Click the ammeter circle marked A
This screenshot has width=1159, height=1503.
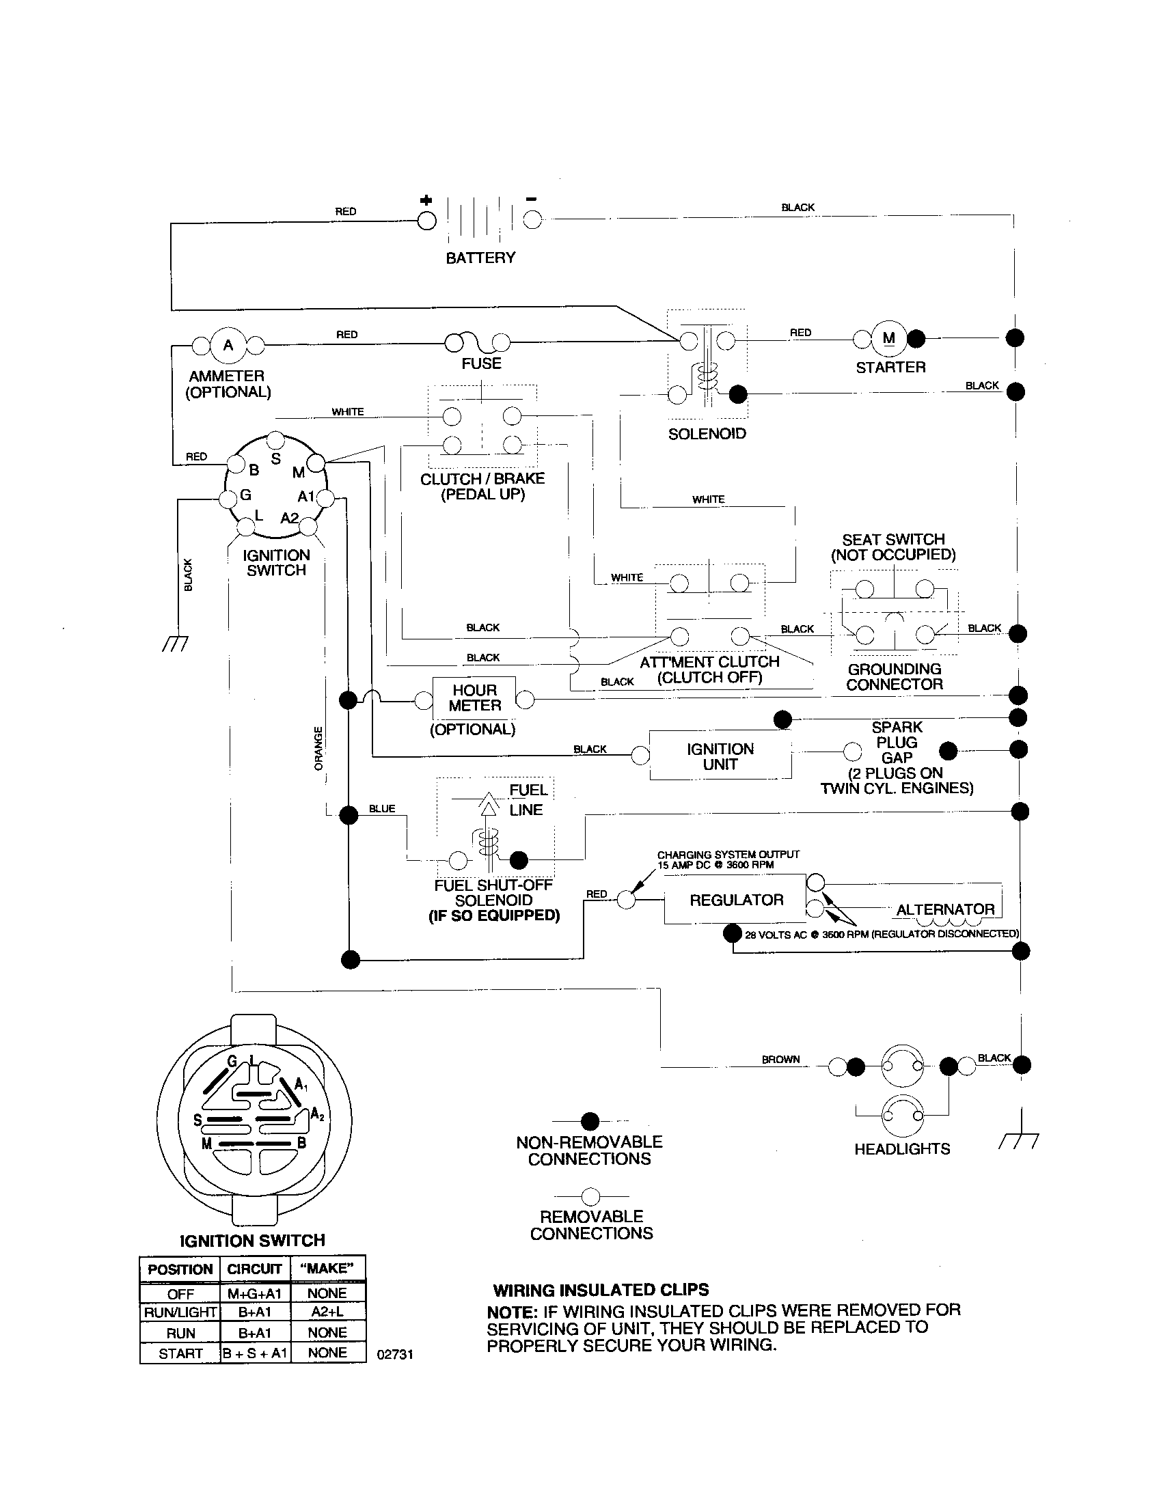228,345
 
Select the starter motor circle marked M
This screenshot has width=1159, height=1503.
889,339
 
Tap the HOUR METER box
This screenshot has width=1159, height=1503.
474,698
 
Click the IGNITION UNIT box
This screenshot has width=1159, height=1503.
720,756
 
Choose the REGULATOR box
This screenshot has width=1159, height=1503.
735,900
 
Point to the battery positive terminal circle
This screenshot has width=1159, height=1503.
426,220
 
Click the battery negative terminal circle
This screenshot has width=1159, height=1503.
532,220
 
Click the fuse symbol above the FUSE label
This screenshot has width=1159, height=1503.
478,342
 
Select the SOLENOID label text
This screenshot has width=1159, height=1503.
707,434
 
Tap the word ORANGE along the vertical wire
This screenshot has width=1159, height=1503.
318,749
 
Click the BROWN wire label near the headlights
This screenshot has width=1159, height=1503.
780,1060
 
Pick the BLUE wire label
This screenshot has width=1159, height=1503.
382,809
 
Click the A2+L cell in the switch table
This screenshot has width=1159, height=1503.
327,1312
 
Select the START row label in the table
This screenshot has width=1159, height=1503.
180,1353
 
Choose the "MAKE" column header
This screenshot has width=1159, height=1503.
327,1269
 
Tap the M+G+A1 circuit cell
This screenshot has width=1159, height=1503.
254,1293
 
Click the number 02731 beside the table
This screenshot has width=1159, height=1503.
395,1354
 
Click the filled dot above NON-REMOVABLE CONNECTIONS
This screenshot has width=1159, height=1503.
590,1121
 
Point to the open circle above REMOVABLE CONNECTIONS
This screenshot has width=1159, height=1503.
590,1196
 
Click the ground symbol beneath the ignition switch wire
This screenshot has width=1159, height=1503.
175,644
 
